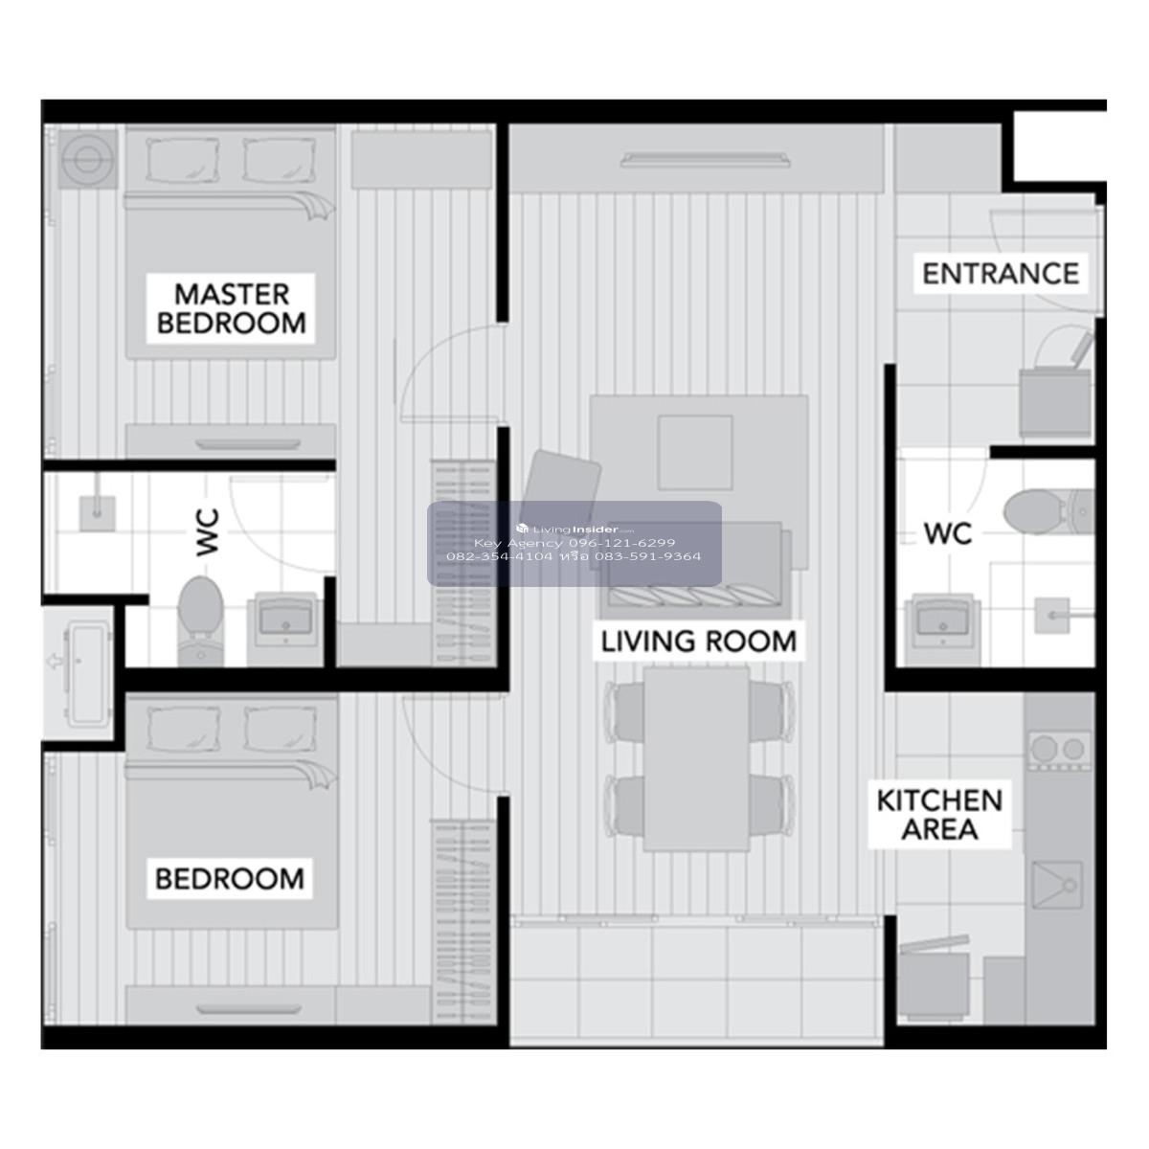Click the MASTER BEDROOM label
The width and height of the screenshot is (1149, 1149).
click(x=231, y=308)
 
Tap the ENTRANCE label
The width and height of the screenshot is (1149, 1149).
click(x=1001, y=274)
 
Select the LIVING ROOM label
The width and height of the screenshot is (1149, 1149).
click(x=698, y=641)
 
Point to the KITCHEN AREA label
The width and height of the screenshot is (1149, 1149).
click(x=939, y=815)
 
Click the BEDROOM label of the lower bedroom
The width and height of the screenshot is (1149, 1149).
click(x=230, y=878)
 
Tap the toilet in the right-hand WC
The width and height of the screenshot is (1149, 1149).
click(x=1048, y=510)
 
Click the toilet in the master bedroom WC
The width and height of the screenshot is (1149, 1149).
click(x=201, y=620)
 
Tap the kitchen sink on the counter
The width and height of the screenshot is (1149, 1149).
click(x=1056, y=885)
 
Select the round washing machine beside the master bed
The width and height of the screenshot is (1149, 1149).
click(x=88, y=159)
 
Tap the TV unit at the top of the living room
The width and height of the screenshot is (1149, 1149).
click(x=696, y=158)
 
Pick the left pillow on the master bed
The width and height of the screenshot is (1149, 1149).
click(x=182, y=160)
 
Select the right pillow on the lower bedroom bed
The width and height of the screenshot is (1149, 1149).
click(x=280, y=730)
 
